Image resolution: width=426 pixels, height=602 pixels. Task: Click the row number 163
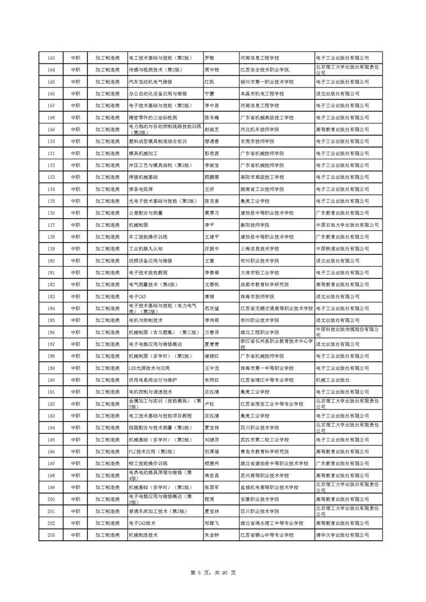click(51, 57)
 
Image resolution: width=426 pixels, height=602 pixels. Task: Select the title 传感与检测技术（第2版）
click(154, 70)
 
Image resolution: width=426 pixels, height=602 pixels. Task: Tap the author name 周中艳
click(212, 70)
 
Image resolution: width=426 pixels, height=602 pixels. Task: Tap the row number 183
click(51, 296)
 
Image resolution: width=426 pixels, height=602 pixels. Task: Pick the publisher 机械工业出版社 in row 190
click(336, 380)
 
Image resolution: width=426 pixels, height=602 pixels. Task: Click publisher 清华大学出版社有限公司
click(342, 535)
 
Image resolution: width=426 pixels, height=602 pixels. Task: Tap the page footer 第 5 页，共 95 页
click(213, 573)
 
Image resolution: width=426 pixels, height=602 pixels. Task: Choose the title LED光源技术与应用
click(149, 368)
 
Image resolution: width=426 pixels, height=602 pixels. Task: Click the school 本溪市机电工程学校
click(265, 93)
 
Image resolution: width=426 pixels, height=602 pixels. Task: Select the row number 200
click(51, 499)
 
